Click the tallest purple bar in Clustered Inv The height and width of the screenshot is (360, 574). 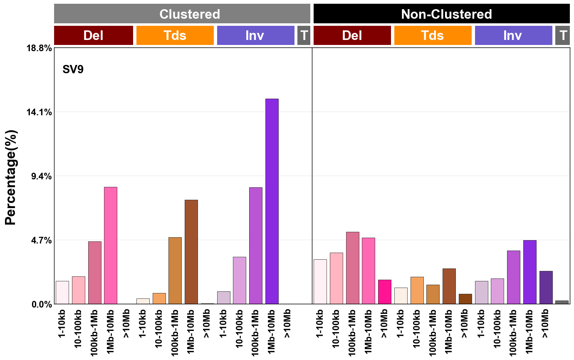point(272,201)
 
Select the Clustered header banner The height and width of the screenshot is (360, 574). point(182,14)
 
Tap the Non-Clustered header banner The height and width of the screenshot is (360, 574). point(441,14)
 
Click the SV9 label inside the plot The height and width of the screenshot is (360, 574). point(73,70)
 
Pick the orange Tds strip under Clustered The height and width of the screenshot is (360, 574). point(175,35)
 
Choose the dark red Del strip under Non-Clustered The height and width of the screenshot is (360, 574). point(352,35)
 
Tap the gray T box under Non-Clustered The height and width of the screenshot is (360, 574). point(562,35)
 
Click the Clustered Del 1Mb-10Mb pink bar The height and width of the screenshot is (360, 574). point(111,246)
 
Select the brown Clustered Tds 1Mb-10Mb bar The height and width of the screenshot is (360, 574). point(191,252)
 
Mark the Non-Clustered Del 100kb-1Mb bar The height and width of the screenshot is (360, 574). point(352,268)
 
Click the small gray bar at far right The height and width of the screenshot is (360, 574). point(562,302)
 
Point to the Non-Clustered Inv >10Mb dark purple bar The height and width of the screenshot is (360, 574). point(546,288)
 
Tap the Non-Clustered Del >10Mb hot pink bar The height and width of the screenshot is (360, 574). point(384,292)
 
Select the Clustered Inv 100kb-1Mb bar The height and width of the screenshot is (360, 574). point(256,246)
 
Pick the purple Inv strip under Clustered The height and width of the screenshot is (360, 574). point(255,35)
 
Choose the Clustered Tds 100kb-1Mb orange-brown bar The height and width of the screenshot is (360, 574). point(175,271)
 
